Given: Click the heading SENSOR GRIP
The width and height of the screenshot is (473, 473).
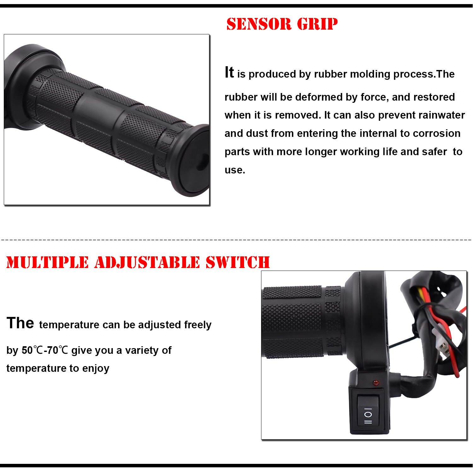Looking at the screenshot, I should (x=282, y=24).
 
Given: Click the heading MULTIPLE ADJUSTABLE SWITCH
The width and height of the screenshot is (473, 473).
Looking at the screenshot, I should (x=138, y=262).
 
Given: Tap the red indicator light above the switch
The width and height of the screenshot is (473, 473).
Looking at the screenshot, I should (x=376, y=383).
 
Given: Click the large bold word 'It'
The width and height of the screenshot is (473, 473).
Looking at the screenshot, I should (x=229, y=73).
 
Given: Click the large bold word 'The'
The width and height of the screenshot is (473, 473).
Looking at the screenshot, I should (x=20, y=323).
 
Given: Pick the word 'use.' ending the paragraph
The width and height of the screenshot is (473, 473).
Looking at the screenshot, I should (x=235, y=170).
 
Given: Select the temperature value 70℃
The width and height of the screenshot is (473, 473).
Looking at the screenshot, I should (x=58, y=350).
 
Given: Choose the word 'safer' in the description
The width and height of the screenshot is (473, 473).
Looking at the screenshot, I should (x=434, y=152).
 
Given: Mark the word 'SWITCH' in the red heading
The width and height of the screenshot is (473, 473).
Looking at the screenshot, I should (x=238, y=262).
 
